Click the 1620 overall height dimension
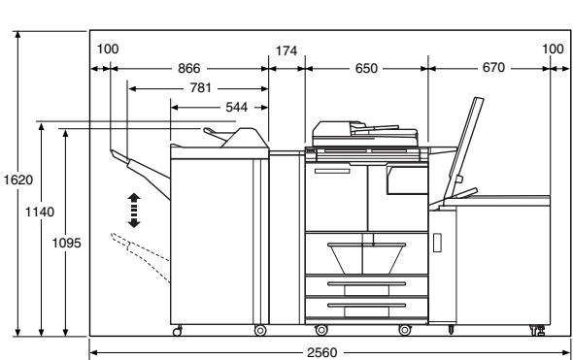18,180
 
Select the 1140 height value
40,212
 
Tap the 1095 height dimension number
66,243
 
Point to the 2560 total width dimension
321,352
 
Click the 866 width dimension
189,68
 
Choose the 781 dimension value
201,88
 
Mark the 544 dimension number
236,107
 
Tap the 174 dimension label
286,50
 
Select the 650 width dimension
366,68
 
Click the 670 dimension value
493,68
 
